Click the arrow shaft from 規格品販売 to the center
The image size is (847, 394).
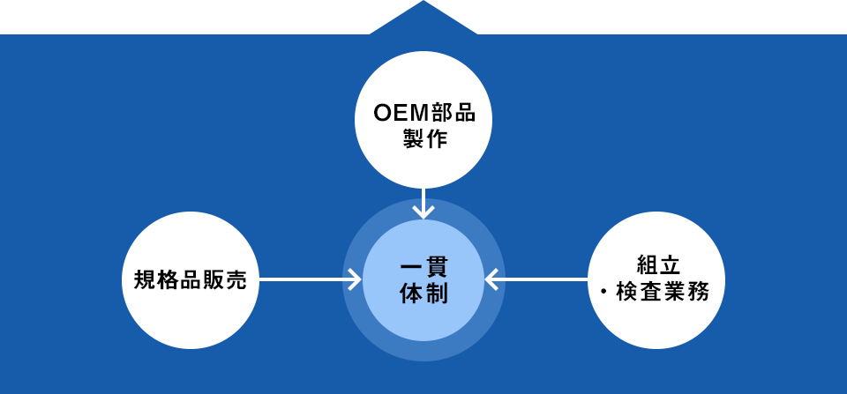(304, 280)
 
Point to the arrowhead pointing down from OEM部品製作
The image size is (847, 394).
(423, 211)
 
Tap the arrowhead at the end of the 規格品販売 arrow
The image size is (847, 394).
(355, 280)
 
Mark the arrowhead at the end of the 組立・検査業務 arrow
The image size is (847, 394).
(491, 280)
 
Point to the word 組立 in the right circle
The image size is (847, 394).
(656, 264)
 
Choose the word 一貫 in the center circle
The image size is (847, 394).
(424, 267)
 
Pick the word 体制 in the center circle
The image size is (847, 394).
(424, 294)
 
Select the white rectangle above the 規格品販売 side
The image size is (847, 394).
(163, 16)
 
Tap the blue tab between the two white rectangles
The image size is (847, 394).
(423, 16)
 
